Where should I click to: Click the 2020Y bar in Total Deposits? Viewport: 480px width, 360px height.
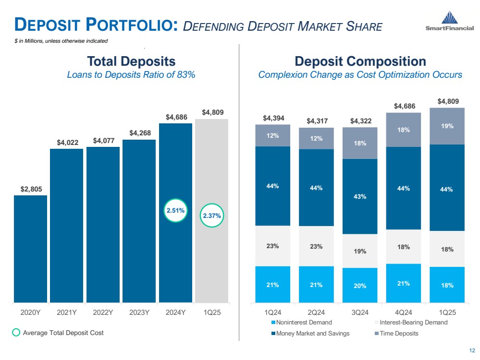[x=30, y=249]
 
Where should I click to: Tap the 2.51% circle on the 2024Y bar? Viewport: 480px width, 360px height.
[x=175, y=210]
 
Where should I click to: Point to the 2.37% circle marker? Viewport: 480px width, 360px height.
[x=211, y=216]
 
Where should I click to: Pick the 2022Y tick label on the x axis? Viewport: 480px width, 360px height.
[x=103, y=312]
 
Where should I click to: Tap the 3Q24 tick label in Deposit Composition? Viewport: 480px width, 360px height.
[x=360, y=312]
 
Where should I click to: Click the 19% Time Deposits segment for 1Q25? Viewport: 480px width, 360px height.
[x=447, y=126]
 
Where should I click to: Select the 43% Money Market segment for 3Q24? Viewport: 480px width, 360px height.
[x=360, y=196]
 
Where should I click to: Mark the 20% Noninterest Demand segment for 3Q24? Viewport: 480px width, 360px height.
[x=360, y=285]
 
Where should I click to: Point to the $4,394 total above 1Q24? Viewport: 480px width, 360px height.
[x=272, y=118]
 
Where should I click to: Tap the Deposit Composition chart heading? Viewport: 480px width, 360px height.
[x=360, y=61]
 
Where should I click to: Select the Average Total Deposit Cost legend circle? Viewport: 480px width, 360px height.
[x=15, y=333]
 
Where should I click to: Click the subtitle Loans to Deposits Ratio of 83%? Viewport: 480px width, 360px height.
[x=131, y=75]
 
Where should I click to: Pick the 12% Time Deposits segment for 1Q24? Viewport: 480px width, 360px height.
[x=272, y=135]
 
